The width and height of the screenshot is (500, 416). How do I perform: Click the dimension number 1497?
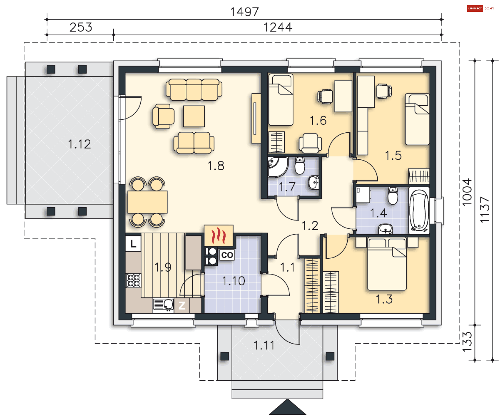click(245, 12)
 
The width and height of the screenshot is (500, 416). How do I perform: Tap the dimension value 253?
click(81, 27)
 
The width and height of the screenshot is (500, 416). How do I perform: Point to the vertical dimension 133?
click(467, 342)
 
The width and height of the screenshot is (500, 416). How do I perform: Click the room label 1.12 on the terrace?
click(79, 144)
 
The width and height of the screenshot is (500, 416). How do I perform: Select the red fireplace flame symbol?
click(218, 235)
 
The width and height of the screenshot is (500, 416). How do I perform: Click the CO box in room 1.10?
click(227, 255)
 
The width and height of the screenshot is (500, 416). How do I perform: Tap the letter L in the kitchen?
click(133, 244)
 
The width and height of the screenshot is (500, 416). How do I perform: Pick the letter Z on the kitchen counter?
click(182, 305)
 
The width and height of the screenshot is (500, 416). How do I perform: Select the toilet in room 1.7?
click(300, 165)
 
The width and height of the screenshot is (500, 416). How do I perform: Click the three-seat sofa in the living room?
click(194, 90)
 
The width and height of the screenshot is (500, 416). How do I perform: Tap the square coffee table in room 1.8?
click(194, 116)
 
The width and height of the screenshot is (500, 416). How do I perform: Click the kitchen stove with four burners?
click(133, 280)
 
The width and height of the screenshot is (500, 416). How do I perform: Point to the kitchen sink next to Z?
click(163, 304)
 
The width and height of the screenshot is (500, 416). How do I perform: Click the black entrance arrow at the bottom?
click(287, 407)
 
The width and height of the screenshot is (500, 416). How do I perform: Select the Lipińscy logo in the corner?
click(480, 8)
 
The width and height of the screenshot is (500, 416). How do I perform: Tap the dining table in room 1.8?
click(147, 202)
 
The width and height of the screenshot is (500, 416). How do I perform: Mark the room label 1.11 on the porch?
click(264, 345)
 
